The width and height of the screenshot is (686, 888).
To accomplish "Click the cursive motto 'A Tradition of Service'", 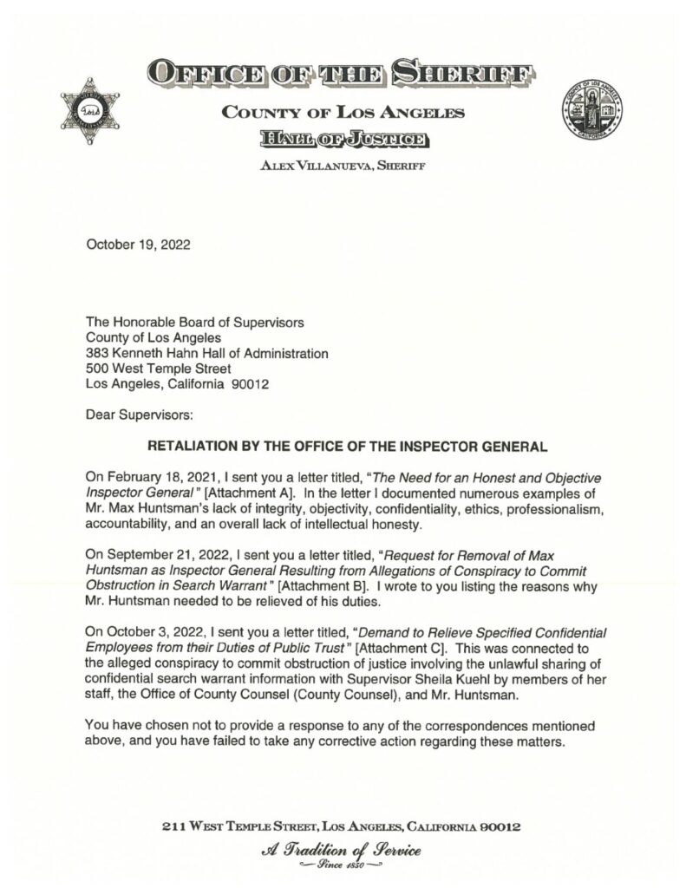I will [342, 852].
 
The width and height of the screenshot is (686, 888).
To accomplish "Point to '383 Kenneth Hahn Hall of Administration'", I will [206, 353].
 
